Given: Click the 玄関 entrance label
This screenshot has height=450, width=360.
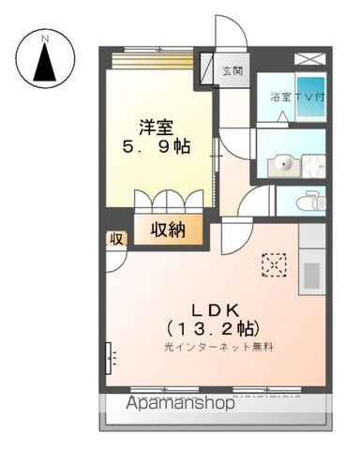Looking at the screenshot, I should click(x=232, y=69).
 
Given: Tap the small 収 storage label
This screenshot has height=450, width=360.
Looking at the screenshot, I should click(x=116, y=239).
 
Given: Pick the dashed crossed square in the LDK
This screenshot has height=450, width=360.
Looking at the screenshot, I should click(x=275, y=266).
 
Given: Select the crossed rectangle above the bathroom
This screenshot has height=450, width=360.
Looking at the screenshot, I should click(x=309, y=58).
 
